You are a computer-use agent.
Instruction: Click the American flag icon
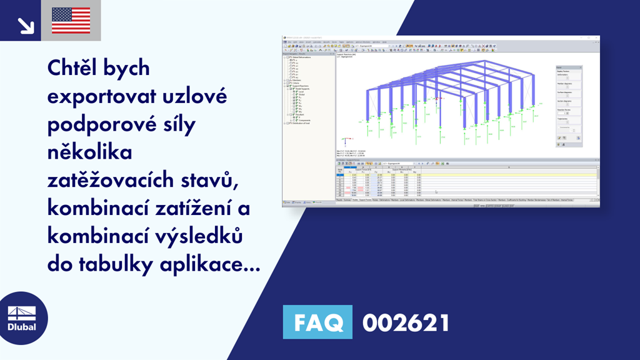71,21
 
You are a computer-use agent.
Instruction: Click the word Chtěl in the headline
74,67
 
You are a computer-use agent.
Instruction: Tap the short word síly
179,124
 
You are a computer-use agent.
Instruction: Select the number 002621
406,322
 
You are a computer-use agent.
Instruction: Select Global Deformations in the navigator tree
306,57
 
